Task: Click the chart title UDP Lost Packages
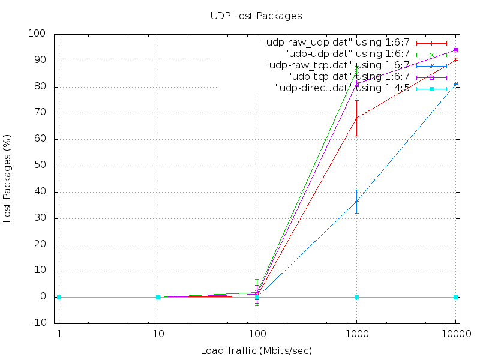coord(256,16)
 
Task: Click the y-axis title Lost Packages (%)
coord(8,178)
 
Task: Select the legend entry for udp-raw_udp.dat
coord(336,43)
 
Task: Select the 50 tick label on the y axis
coord(41,166)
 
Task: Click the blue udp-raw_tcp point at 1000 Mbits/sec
coord(356,201)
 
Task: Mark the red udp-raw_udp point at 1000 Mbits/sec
coord(356,118)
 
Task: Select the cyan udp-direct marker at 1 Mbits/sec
coord(59,297)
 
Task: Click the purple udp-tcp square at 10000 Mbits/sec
coord(456,50)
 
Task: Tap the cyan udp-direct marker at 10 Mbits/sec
coord(158,297)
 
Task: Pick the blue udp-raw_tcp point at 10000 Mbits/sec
coord(456,85)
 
